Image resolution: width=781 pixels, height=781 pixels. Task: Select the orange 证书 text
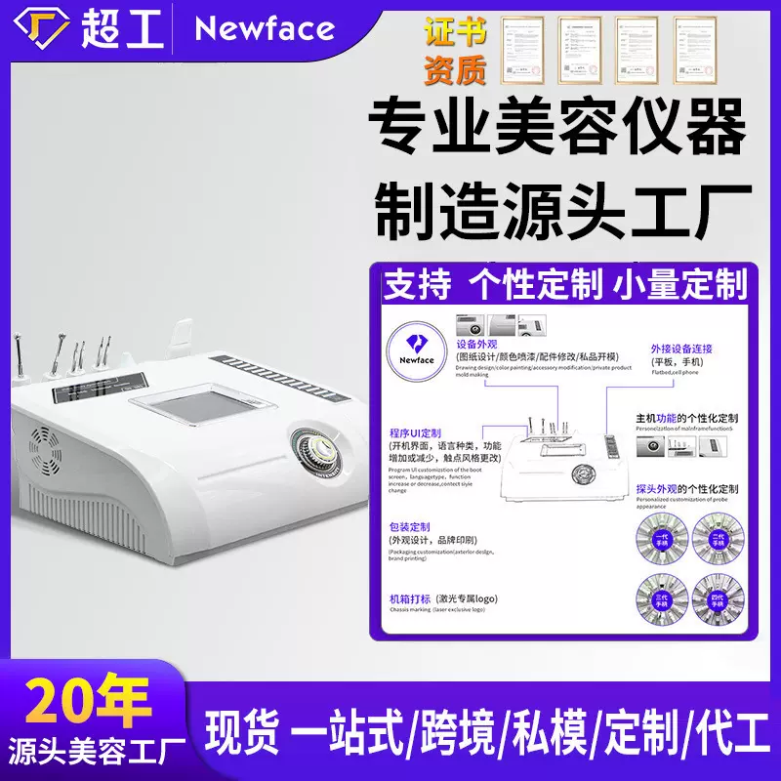(456, 33)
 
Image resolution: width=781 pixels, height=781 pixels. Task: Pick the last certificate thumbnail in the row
(694, 49)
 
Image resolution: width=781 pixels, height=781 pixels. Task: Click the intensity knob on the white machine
(320, 454)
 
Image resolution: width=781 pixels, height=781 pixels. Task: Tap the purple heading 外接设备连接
(681, 349)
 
